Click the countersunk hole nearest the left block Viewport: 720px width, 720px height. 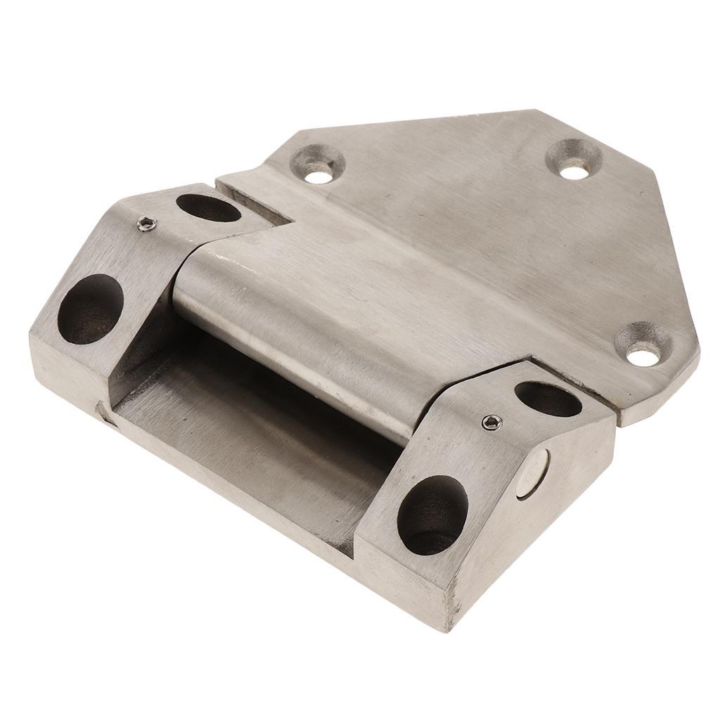tap(318, 164)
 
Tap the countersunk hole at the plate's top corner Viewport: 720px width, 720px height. tap(574, 159)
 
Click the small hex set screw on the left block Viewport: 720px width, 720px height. tap(146, 225)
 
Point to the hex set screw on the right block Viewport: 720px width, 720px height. tap(491, 422)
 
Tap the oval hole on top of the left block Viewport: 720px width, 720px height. tap(208, 207)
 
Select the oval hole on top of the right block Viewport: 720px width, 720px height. tap(548, 399)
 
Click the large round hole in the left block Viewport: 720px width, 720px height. tap(90, 309)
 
